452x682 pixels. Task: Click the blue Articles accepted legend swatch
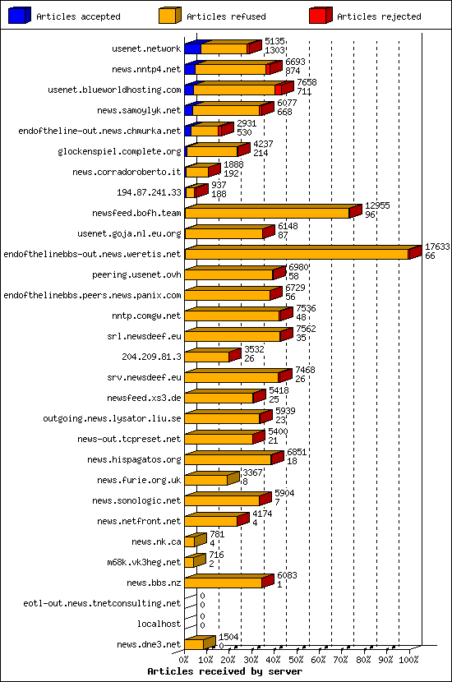pyautogui.click(x=20, y=16)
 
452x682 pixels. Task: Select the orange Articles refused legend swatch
pyautogui.click(x=170, y=16)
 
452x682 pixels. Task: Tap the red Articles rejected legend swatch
pyautogui.click(x=321, y=16)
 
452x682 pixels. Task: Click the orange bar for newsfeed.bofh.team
pyautogui.click(x=267, y=213)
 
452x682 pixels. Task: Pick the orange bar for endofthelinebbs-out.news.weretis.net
pyautogui.click(x=297, y=254)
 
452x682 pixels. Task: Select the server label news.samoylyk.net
pyautogui.click(x=139, y=110)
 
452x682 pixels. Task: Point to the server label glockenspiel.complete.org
pyautogui.click(x=120, y=151)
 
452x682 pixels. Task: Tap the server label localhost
pyautogui.click(x=159, y=624)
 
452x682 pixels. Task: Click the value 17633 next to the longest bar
pyautogui.click(x=436, y=247)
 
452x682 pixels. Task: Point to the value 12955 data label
pyautogui.click(x=377, y=205)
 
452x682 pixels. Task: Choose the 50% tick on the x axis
pyautogui.click(x=297, y=659)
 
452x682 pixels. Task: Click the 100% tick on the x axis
pyautogui.click(x=409, y=659)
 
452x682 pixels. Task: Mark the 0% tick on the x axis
pyautogui.click(x=185, y=659)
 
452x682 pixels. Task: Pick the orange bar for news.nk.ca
pyautogui.click(x=190, y=541)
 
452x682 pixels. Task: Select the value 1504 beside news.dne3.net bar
pyautogui.click(x=229, y=637)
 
